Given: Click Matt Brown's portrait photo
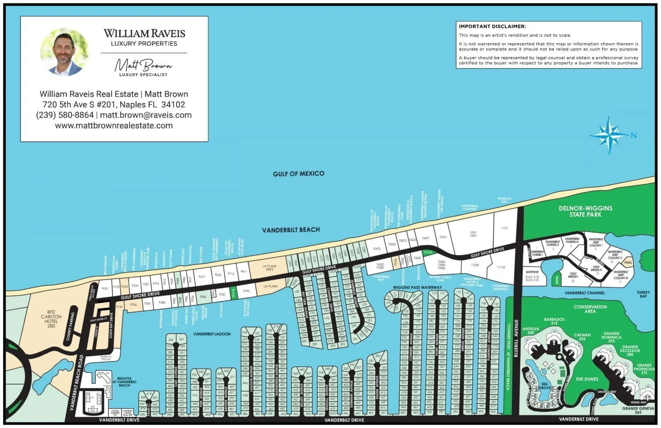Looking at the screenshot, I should click(x=64, y=52).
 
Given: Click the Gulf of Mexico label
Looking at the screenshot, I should click(x=298, y=174).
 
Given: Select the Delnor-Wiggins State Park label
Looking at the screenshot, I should click(x=585, y=211).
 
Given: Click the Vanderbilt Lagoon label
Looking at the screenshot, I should click(x=212, y=334).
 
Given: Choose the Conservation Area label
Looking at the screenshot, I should click(x=590, y=309).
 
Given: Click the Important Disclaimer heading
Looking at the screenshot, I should click(x=492, y=26).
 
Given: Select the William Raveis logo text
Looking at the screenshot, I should click(x=144, y=33).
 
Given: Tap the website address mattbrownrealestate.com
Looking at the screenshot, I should click(x=114, y=126).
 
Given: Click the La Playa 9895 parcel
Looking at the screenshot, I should click(x=270, y=268).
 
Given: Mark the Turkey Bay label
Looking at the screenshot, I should click(x=643, y=294).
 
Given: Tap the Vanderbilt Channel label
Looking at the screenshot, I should click(x=585, y=293).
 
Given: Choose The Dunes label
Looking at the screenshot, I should click(x=587, y=379).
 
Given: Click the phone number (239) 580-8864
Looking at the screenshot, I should click(x=65, y=115).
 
